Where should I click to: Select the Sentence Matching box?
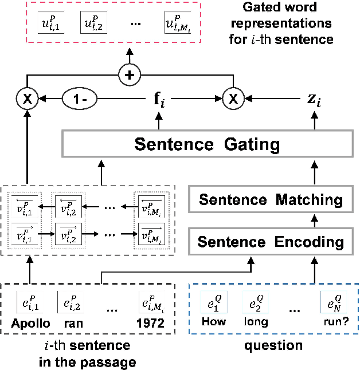269,200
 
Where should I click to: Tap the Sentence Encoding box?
269,241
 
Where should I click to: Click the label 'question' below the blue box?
274,346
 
